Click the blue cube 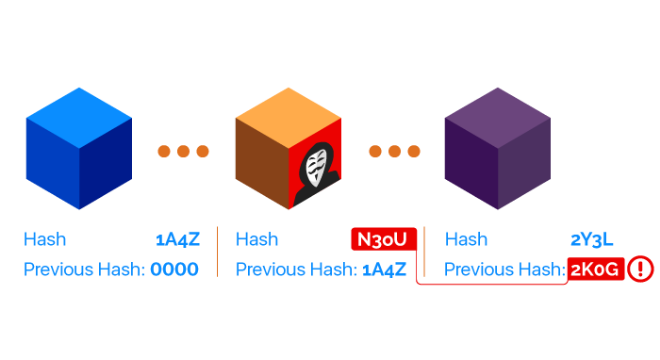tap(79, 149)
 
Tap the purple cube tap(498, 149)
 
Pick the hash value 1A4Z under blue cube tap(178, 239)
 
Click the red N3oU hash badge tap(383, 239)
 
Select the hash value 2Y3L tap(592, 239)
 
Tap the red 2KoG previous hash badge tap(595, 269)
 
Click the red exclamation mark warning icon tap(640, 269)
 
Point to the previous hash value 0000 tap(174, 269)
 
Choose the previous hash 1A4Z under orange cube tap(384, 269)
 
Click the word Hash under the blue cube tap(45, 239)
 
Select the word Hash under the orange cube tap(257, 239)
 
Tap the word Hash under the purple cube tap(466, 239)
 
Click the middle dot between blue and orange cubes tap(183, 151)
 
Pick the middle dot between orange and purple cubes tap(394, 151)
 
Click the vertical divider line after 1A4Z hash tap(217, 252)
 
